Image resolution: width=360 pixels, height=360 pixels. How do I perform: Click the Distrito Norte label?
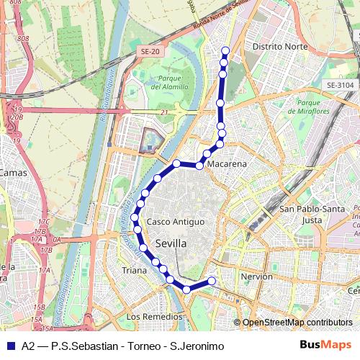tap(280, 46)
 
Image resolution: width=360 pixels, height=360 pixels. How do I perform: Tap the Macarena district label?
tap(227, 164)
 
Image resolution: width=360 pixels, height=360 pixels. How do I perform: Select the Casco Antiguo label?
tap(176, 222)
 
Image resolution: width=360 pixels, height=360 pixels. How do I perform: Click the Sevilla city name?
tap(171, 244)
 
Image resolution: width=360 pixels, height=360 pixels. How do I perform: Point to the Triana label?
tap(134, 271)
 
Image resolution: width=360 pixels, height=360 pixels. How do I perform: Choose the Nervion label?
tap(257, 276)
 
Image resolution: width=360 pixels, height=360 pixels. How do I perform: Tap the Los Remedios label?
tap(154, 317)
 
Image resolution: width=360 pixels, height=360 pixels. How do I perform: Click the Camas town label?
tap(12, 173)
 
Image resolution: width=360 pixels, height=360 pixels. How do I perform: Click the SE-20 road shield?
tap(150, 52)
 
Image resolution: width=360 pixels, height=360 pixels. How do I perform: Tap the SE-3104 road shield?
tap(340, 84)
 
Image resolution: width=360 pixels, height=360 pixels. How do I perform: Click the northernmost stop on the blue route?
tap(225, 50)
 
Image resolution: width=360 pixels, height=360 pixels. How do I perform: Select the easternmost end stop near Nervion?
tap(212, 281)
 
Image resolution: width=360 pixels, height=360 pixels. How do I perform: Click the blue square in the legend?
tap(10, 346)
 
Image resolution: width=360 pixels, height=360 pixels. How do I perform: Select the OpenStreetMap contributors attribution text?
tap(297, 323)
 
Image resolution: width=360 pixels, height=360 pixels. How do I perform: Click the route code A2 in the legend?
tap(28, 346)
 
